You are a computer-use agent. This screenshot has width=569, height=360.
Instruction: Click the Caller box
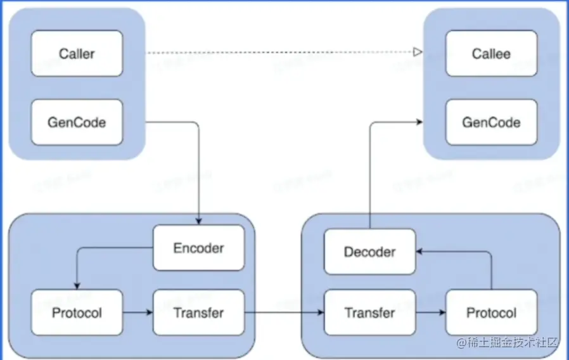click(x=77, y=54)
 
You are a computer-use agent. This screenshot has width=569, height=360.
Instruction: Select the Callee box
click(x=491, y=54)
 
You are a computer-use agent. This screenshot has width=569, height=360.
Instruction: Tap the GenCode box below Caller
click(x=77, y=122)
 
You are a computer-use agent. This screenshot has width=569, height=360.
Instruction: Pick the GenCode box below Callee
click(x=491, y=122)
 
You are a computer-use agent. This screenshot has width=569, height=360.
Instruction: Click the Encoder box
click(x=198, y=248)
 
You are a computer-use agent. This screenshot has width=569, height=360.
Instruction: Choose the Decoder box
click(x=369, y=252)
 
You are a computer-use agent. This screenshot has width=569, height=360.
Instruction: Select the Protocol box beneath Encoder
click(x=77, y=312)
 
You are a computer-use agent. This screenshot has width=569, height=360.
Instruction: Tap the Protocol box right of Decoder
click(x=491, y=312)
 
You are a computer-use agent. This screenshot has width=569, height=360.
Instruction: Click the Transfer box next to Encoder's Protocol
click(x=198, y=312)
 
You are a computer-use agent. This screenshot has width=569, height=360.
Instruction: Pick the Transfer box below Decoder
click(x=369, y=312)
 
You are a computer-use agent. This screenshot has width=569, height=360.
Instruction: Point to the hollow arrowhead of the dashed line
click(x=418, y=53)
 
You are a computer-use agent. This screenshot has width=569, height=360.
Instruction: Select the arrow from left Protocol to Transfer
click(x=137, y=312)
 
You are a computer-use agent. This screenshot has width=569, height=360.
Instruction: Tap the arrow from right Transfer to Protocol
click(x=431, y=312)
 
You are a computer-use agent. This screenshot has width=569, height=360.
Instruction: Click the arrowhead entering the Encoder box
click(x=199, y=221)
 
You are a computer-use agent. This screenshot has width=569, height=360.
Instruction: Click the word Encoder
click(x=198, y=248)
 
